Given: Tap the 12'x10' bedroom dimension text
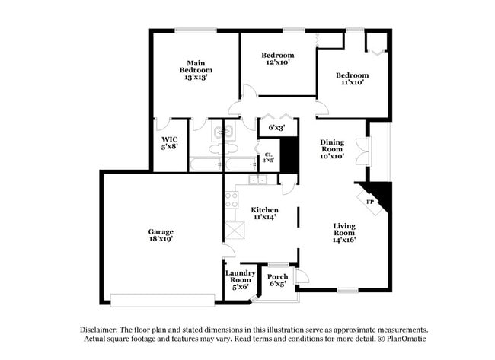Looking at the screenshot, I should (x=278, y=62).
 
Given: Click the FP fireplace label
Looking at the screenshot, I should (x=371, y=202).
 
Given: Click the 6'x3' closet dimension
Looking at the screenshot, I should (x=276, y=127).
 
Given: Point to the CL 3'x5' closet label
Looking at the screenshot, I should (x=268, y=158).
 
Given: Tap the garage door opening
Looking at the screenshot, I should (x=162, y=299).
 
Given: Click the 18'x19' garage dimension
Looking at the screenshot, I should (x=161, y=239).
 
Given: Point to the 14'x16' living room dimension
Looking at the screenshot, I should (x=344, y=240).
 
